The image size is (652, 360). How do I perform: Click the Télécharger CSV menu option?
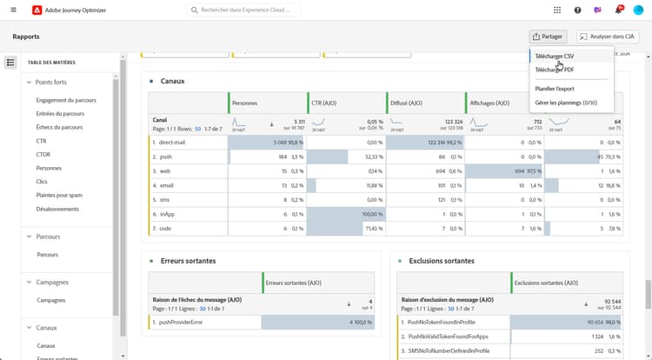pos(554,56)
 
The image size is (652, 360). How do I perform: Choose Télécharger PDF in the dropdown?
pos(554,70)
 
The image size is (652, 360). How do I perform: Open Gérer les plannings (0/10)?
pos(566,103)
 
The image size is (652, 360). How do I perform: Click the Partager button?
pos(548,37)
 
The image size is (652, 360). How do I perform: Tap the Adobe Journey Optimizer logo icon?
pos(36,10)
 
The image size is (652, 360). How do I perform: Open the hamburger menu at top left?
pos(13,10)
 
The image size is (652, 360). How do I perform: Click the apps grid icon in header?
pos(557,10)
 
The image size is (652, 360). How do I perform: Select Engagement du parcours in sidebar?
pos(66,100)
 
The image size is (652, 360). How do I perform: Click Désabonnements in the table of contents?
pos(57,209)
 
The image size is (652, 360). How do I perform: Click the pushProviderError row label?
pos(181,322)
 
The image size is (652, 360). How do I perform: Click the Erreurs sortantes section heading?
pos(188,261)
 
